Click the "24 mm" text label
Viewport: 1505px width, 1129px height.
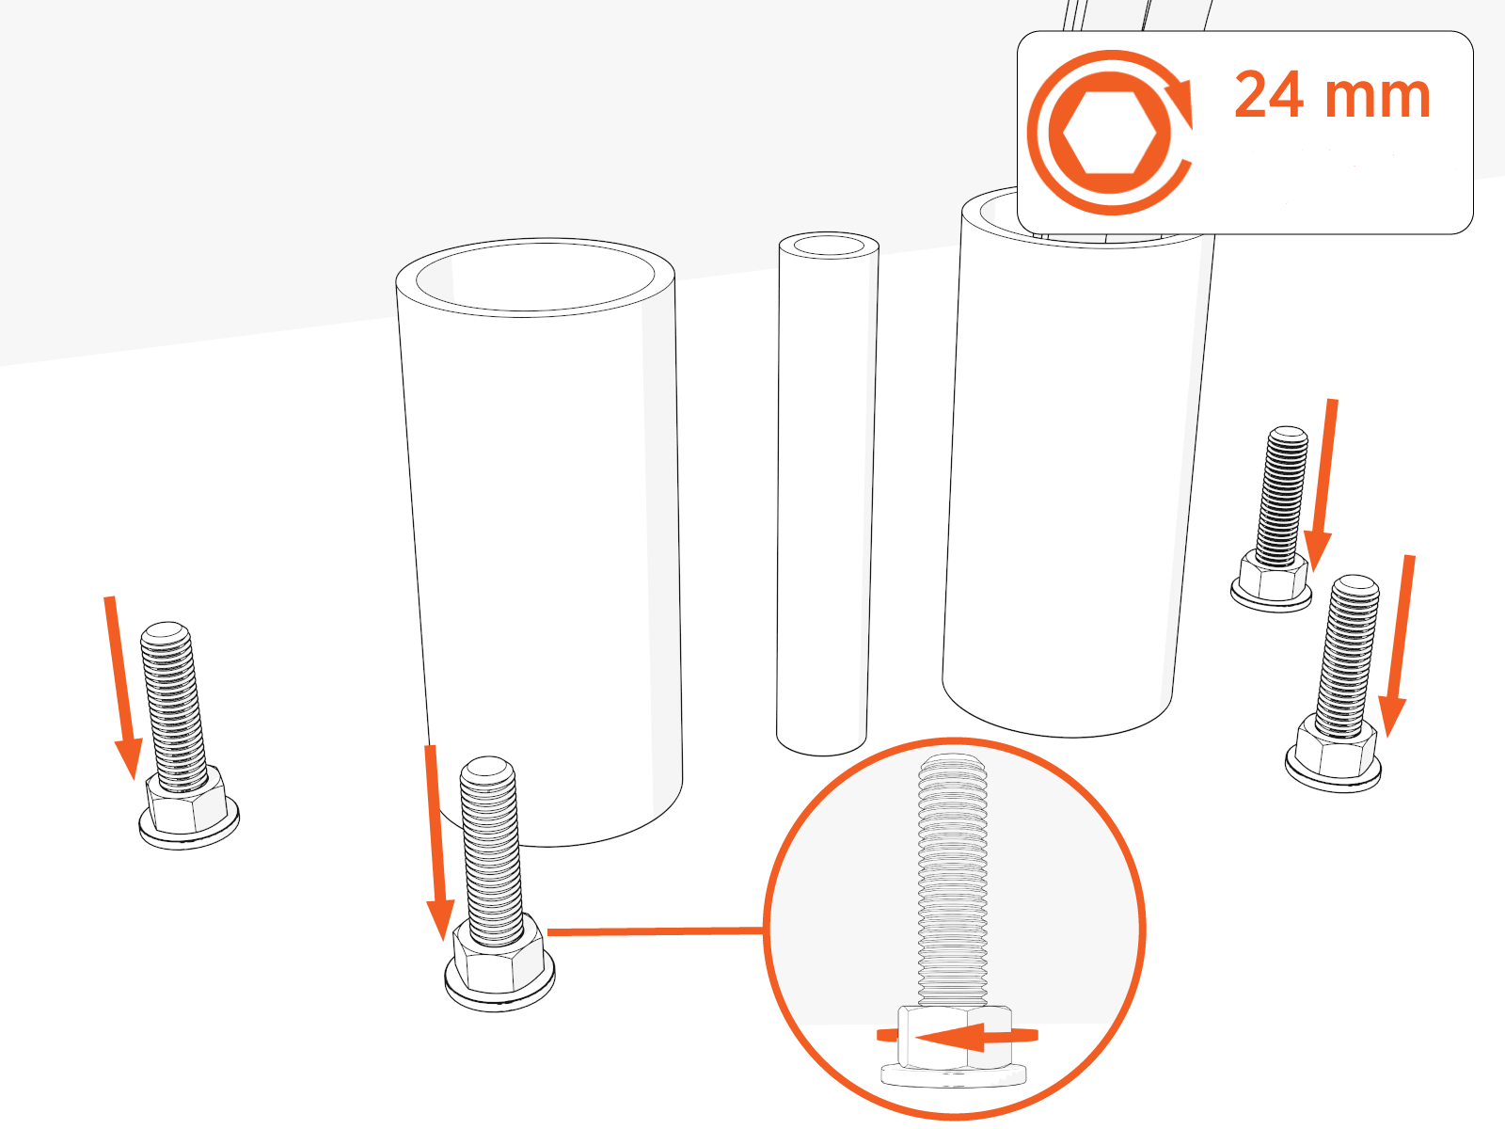(x=1332, y=95)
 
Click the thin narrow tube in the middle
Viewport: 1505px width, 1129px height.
(x=826, y=494)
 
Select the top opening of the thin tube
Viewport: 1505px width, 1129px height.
(x=829, y=245)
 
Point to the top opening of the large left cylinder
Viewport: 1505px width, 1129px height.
(x=535, y=277)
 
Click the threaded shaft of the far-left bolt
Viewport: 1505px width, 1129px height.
(x=171, y=706)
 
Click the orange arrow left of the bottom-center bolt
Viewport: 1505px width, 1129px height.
(x=436, y=843)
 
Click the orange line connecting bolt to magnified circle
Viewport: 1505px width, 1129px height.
(x=656, y=931)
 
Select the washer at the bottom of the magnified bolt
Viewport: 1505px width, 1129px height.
(x=953, y=1075)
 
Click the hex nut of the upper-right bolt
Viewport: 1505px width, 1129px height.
(x=1274, y=576)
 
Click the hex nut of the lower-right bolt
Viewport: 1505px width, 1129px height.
(x=1335, y=749)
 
